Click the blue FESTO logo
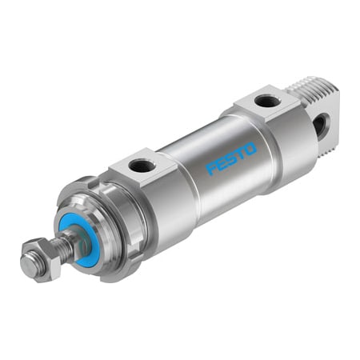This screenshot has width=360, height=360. [x=231, y=158]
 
